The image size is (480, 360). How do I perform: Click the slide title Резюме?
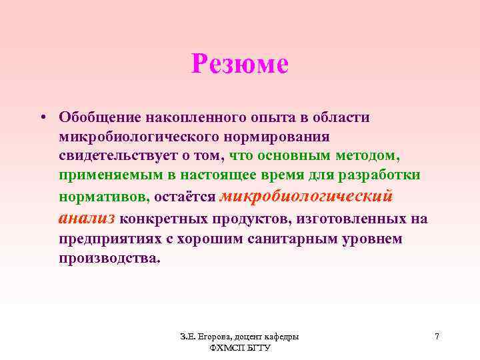(239, 65)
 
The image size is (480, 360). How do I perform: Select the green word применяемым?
(104, 177)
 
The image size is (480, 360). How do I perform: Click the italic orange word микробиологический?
(307, 196)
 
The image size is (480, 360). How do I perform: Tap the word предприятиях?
(111, 239)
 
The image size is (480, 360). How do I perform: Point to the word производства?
(109, 259)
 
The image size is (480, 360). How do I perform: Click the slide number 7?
(437, 337)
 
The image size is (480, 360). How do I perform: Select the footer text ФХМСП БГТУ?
(239, 349)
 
